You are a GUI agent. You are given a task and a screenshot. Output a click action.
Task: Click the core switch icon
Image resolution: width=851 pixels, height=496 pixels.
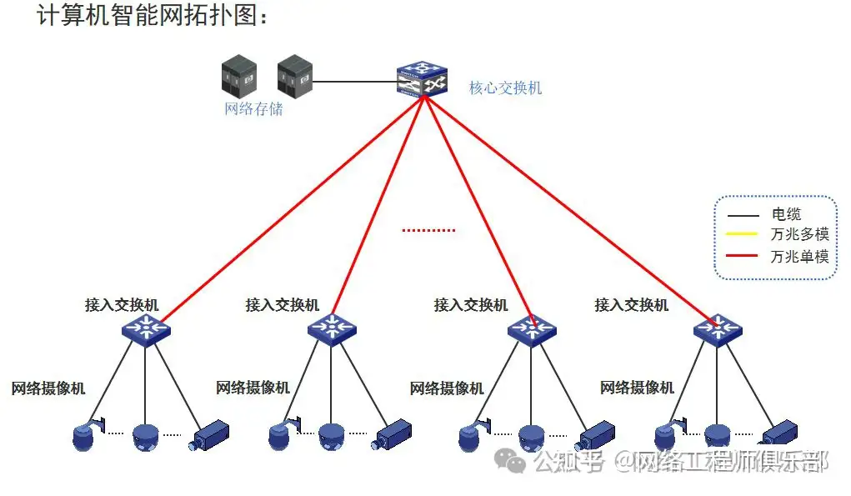click(422, 78)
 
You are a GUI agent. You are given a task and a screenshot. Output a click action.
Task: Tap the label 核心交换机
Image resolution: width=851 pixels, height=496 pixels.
click(505, 88)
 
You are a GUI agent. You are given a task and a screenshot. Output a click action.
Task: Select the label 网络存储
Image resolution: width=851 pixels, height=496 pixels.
click(253, 108)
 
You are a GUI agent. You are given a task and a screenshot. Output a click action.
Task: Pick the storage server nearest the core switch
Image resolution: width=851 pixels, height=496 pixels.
click(293, 75)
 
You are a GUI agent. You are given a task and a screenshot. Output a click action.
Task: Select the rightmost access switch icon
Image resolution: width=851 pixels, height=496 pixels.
click(718, 328)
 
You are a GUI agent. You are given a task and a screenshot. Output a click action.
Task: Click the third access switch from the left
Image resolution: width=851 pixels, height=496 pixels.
click(532, 328)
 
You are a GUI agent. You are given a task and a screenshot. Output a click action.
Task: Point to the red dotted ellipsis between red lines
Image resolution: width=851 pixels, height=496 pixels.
click(428, 230)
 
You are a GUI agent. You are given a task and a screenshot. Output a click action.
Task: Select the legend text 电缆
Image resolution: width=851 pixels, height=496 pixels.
click(787, 214)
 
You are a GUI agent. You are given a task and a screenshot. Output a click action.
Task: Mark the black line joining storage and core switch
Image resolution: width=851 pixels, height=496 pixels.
click(353, 82)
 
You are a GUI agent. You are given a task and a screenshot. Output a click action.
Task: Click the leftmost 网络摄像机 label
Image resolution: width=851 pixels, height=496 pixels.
click(48, 388)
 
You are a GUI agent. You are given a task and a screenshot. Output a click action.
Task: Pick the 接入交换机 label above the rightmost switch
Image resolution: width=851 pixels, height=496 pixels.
click(631, 305)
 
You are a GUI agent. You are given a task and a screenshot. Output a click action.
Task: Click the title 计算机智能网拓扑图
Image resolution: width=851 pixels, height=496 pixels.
click(153, 17)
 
